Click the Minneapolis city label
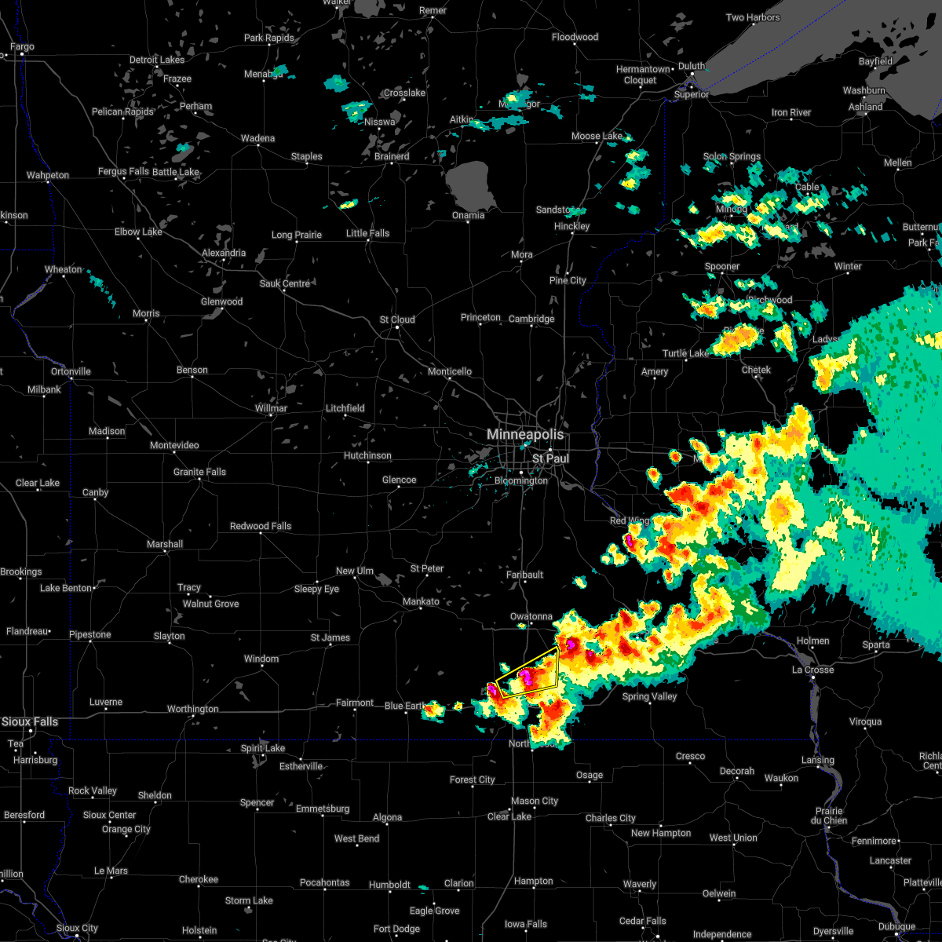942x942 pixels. coord(524,434)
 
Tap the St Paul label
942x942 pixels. coord(550,458)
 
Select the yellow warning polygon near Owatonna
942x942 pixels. coord(528,674)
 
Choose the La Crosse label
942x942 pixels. coord(812,670)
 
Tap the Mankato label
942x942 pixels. coord(421,601)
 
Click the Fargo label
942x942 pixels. coord(22,47)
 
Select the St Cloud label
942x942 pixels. coord(397,319)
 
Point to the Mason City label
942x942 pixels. coord(534,801)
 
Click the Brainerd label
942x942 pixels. coord(392,156)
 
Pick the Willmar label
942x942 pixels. coord(271,408)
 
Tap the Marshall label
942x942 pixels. coord(165,544)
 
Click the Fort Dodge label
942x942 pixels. coord(396,929)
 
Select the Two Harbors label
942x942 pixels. coord(753,17)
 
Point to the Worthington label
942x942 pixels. coord(192,709)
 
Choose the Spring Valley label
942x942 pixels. coord(649,696)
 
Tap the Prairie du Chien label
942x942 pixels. coord(830,816)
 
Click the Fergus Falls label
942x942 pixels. coord(123,172)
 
